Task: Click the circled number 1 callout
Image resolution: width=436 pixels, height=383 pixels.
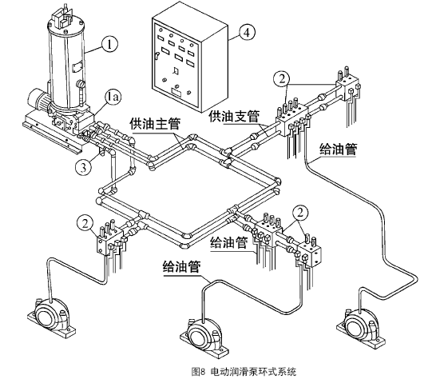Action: tap(110, 44)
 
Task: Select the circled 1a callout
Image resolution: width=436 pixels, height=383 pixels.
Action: tap(113, 97)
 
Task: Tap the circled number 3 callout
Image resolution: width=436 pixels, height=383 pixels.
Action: tap(83, 168)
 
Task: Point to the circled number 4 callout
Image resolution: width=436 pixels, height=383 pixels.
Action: tap(247, 32)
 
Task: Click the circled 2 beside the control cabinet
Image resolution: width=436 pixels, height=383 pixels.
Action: tap(282, 79)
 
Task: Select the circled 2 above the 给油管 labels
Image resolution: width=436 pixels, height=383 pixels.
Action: tap(300, 213)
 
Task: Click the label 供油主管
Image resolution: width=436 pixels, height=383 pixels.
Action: tap(155, 124)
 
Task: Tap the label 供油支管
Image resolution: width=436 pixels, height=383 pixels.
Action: tap(234, 117)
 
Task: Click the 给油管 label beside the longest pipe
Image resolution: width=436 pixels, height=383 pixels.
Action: tap(338, 150)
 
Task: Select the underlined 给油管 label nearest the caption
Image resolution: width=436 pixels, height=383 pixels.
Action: tap(181, 267)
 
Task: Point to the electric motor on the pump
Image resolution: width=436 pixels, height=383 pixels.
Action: tap(38, 99)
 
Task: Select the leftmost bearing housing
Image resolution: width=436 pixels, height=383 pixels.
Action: tap(51, 317)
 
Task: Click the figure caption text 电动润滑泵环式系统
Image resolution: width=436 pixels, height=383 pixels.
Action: tap(254, 372)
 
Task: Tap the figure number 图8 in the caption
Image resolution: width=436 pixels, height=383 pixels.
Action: tap(198, 372)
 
